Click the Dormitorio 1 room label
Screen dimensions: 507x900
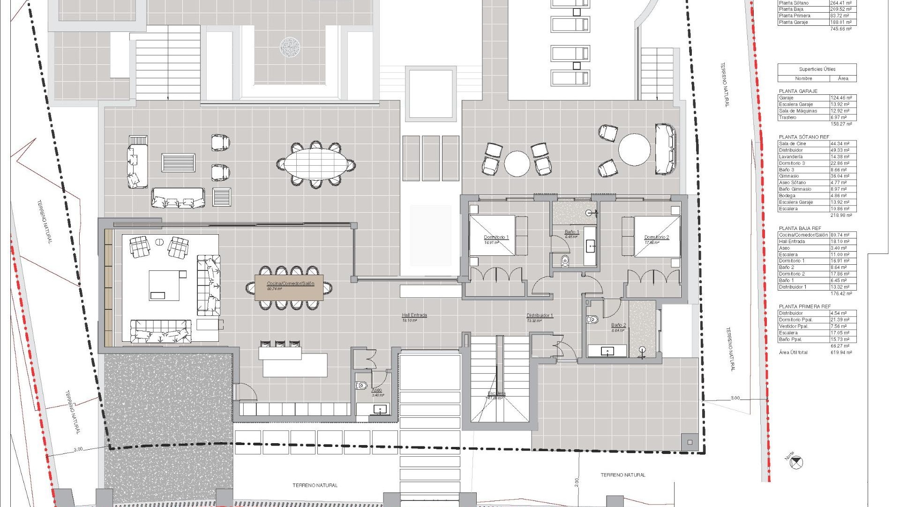[x=496, y=238]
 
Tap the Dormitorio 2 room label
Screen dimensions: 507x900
[x=656, y=238]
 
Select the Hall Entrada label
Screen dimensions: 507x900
[x=414, y=315]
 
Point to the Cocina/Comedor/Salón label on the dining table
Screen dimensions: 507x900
[x=290, y=284]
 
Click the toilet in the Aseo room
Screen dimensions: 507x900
[x=361, y=386]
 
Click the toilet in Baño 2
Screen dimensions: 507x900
[x=592, y=320]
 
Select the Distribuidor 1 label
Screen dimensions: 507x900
[x=540, y=316]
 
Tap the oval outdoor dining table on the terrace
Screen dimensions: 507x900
[x=315, y=164]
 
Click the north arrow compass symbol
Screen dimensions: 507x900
[x=796, y=463]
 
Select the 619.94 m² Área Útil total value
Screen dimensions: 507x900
[x=841, y=353]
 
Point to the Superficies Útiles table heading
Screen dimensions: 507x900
[x=817, y=69]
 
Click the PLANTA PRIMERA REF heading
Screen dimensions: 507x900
[x=804, y=307]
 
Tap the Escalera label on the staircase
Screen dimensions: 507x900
[x=496, y=393]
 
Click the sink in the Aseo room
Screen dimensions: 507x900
[x=379, y=409]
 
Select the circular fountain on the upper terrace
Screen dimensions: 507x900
[x=290, y=47]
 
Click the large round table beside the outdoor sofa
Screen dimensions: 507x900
[x=634, y=150]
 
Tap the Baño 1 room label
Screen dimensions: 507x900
[x=571, y=232]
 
